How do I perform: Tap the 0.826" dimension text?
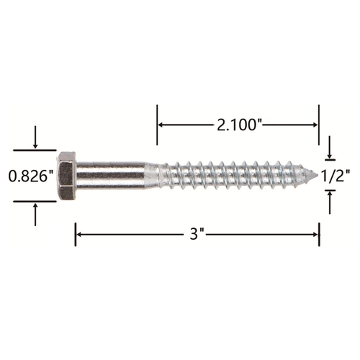[31, 176]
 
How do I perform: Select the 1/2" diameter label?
[336, 176]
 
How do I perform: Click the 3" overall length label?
[197, 234]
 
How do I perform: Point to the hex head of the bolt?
[66, 176]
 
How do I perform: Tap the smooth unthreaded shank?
[111, 176]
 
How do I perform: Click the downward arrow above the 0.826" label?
[35, 137]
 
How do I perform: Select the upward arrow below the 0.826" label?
[35, 215]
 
